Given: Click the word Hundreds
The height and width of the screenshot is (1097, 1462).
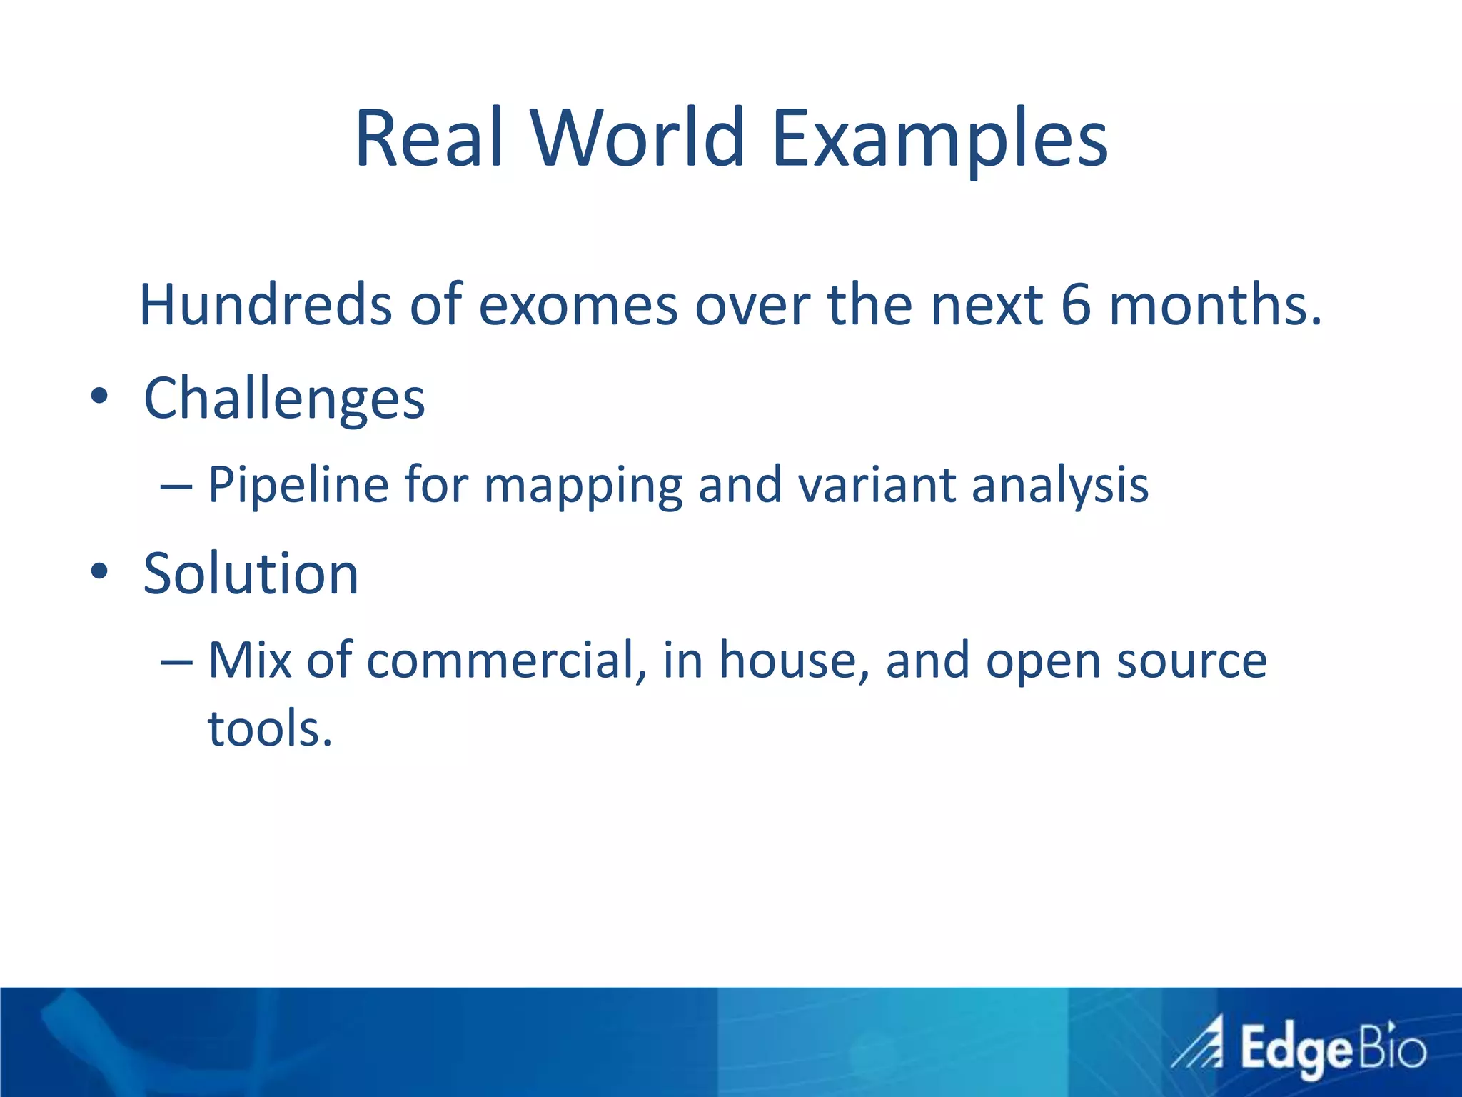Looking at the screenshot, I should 265,305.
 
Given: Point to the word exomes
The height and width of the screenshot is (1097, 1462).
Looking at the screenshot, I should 578,306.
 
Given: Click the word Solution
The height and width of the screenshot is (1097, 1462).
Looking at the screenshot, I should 251,573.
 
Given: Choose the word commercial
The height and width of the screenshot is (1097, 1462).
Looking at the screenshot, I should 500,661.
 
